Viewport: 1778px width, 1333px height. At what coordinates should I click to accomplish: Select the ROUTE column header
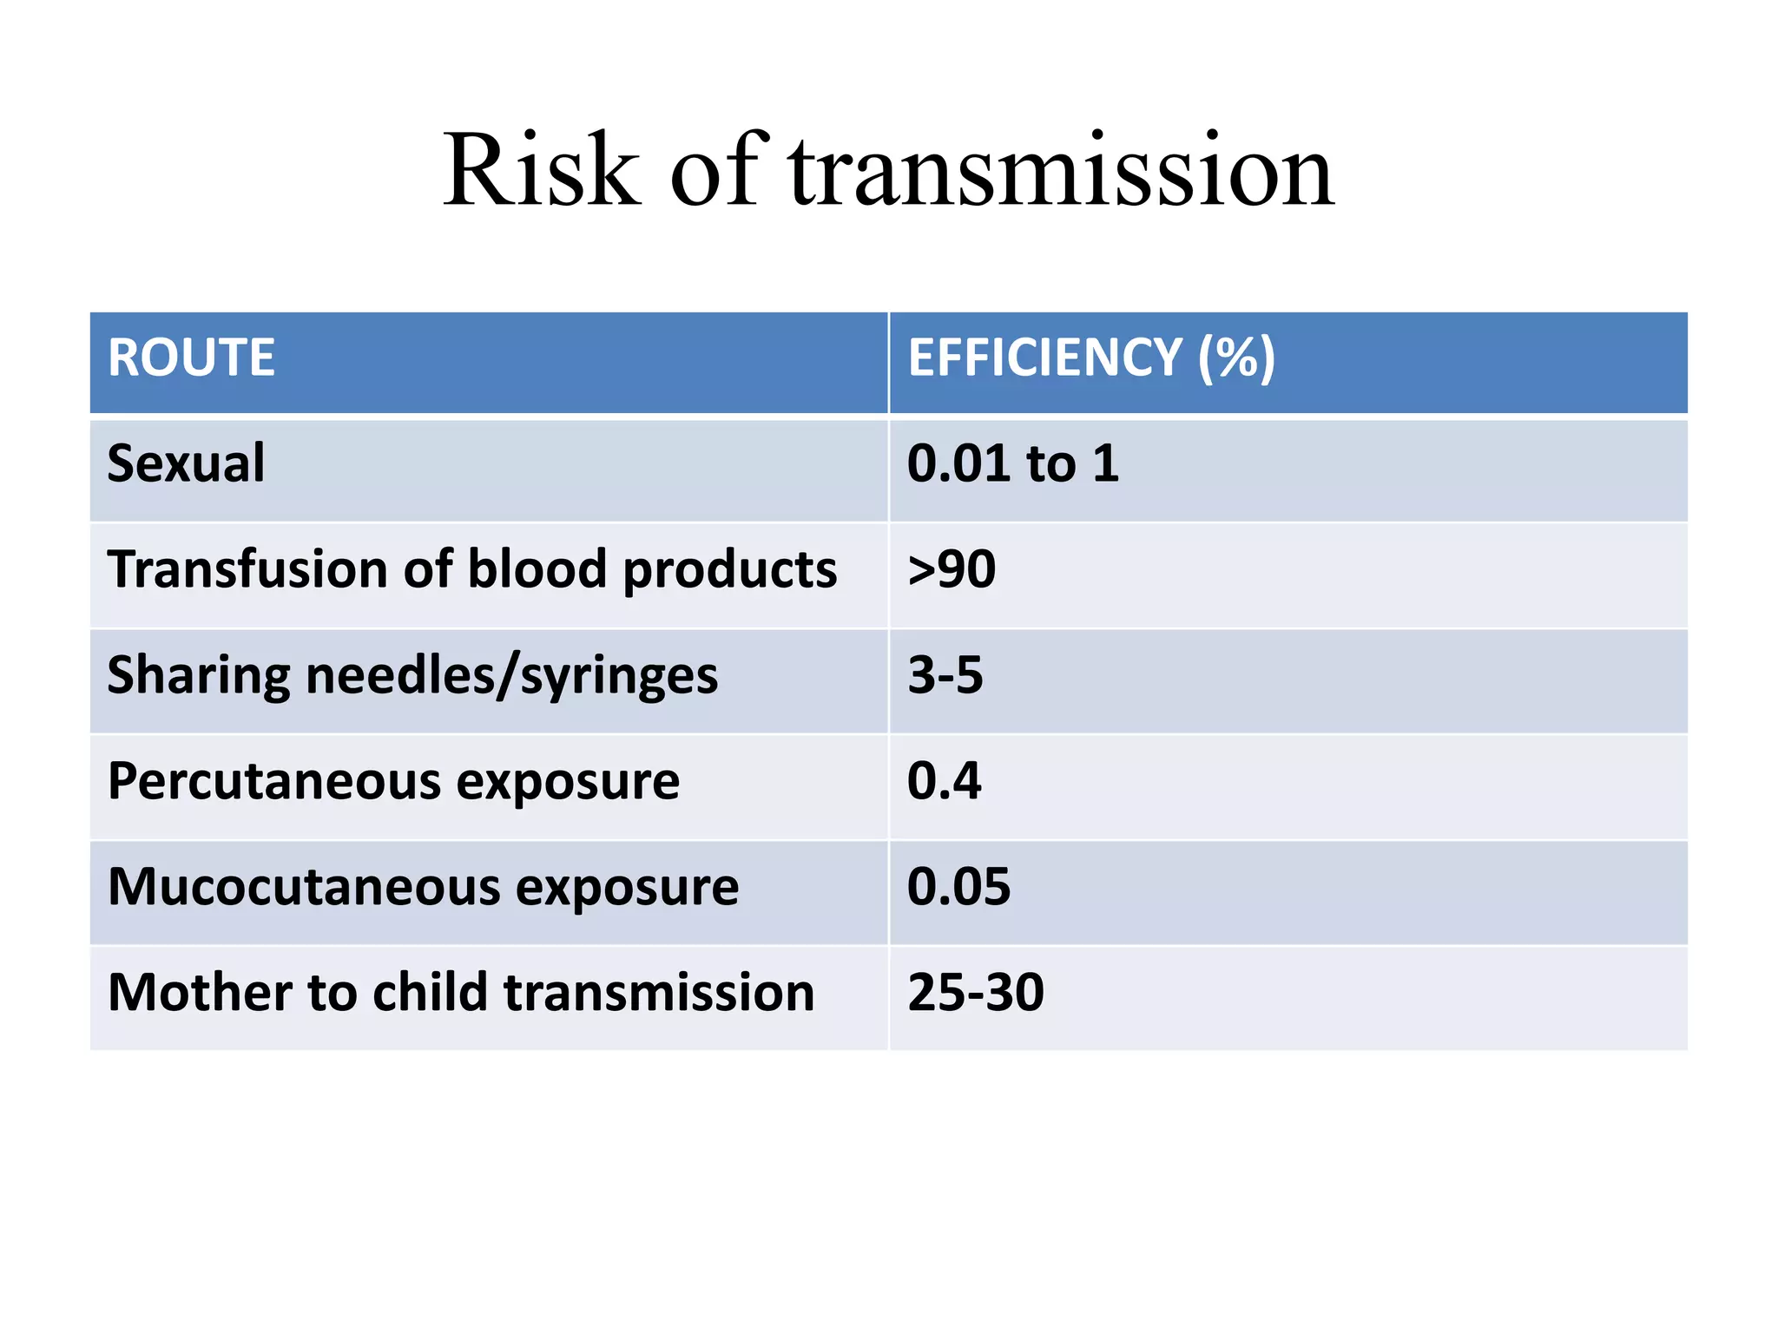coord(191,358)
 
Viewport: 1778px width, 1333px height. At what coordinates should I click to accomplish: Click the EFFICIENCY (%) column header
coord(1091,358)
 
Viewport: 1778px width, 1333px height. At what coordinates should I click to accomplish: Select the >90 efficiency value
coord(952,569)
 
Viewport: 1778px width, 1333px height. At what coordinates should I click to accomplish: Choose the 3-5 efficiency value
coord(945,675)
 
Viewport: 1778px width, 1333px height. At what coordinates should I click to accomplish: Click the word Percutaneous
coord(274,782)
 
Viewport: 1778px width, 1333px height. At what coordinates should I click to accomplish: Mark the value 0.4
coord(944,780)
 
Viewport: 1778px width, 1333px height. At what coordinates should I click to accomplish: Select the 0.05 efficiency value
coord(958,887)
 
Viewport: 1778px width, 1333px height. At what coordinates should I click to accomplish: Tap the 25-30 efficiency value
coord(975,992)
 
